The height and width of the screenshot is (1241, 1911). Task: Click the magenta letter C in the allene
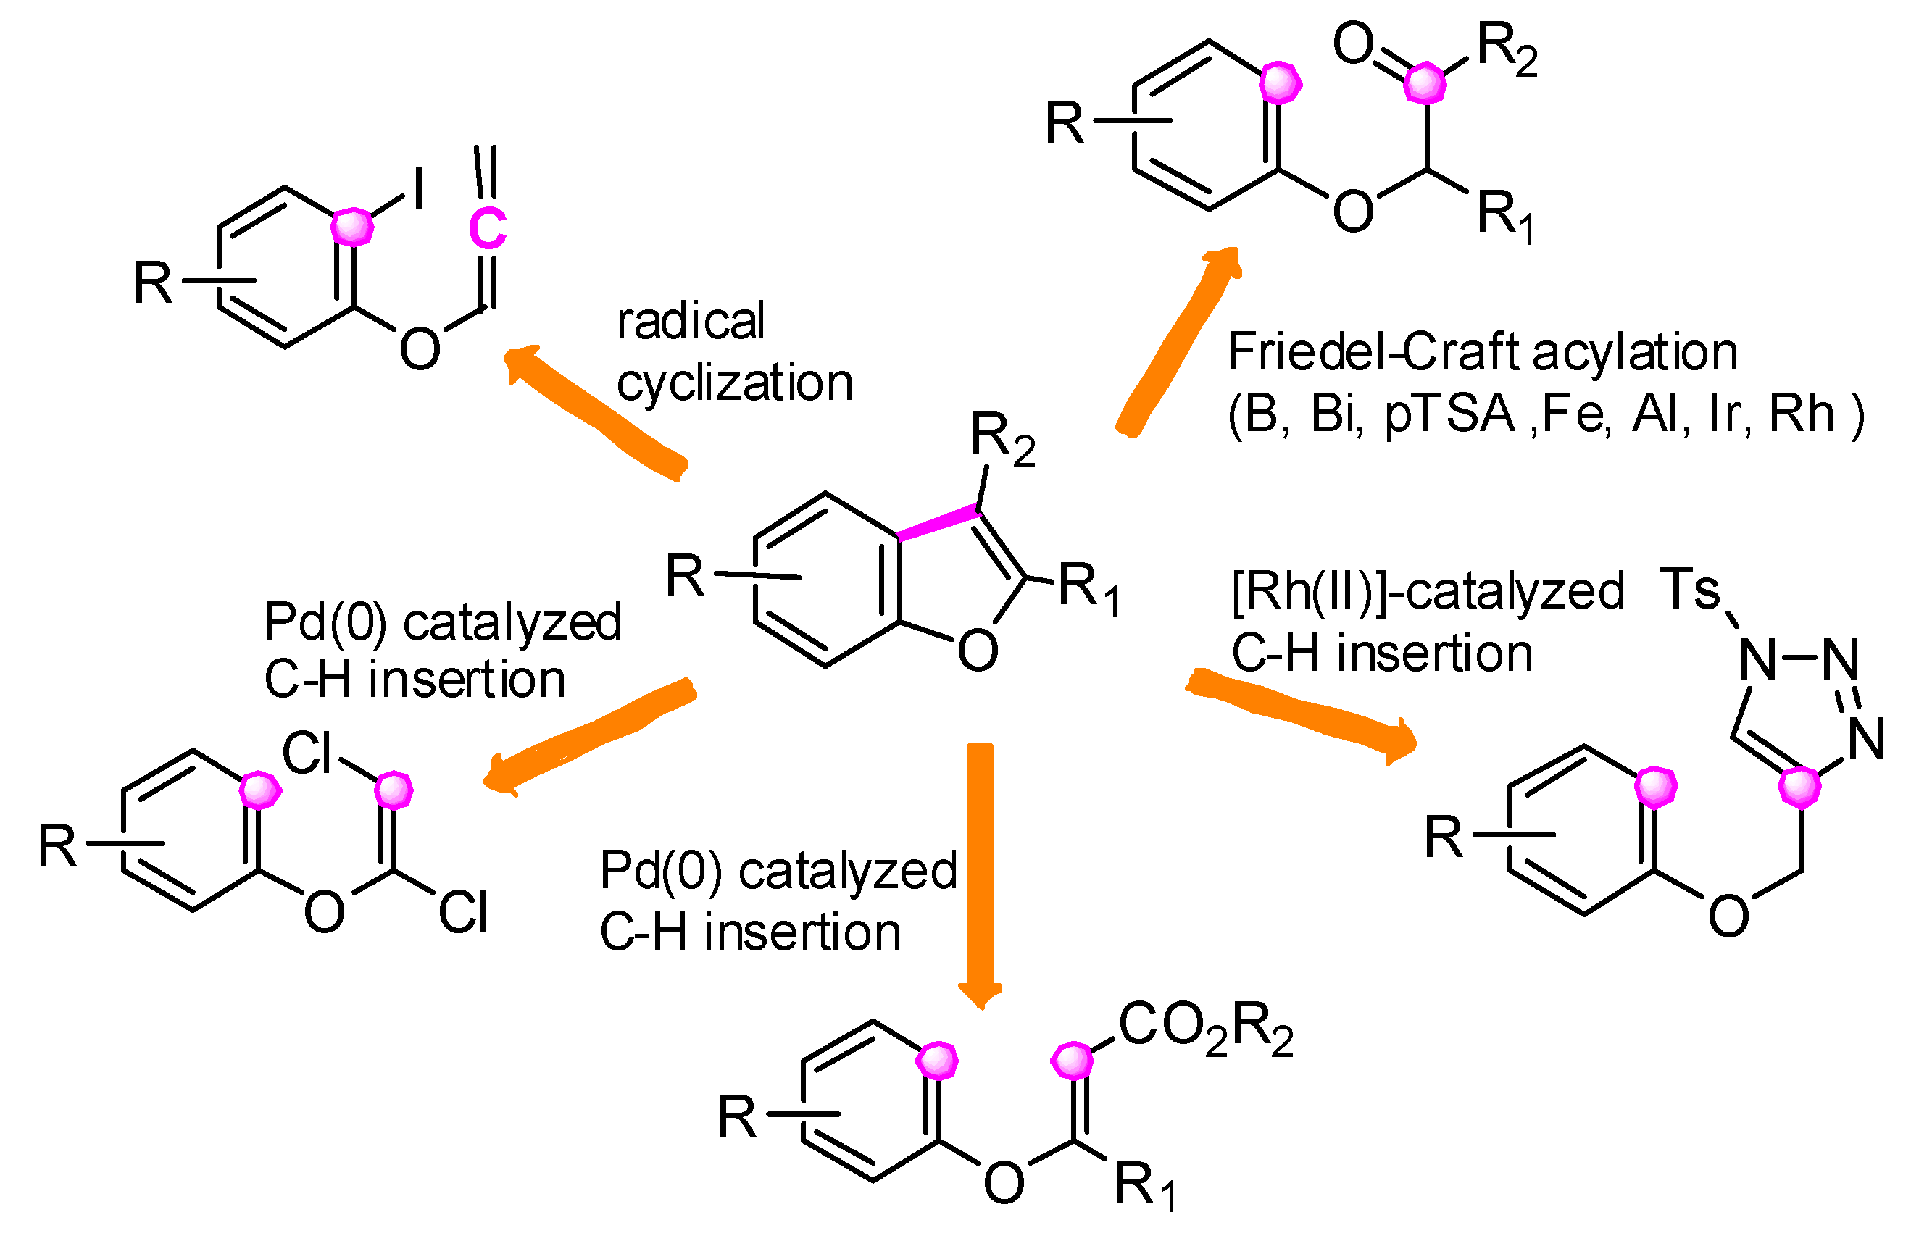[488, 228]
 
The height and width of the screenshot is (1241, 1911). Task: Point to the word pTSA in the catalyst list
[1449, 414]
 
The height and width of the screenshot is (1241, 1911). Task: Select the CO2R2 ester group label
[1204, 1028]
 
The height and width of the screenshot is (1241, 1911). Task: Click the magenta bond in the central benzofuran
[937, 522]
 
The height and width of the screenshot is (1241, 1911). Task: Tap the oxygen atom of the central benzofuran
[977, 650]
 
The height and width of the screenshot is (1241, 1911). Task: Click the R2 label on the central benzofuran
[1002, 438]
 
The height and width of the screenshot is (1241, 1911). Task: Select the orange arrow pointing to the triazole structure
[1301, 713]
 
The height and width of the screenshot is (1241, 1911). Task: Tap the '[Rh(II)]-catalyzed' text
[1428, 592]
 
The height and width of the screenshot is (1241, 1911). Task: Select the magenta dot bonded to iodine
[351, 227]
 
